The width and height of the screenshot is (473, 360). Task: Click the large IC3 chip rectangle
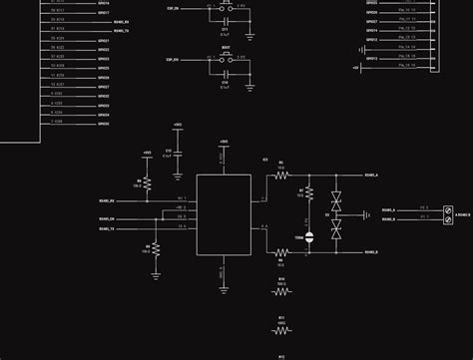(x=224, y=214)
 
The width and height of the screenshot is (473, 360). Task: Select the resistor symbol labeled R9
(x=147, y=183)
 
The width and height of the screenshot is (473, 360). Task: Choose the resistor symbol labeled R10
(x=280, y=292)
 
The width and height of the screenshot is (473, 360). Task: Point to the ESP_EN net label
(x=174, y=7)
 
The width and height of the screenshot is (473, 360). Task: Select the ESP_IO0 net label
(x=174, y=60)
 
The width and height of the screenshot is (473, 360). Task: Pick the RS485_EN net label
(x=107, y=218)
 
